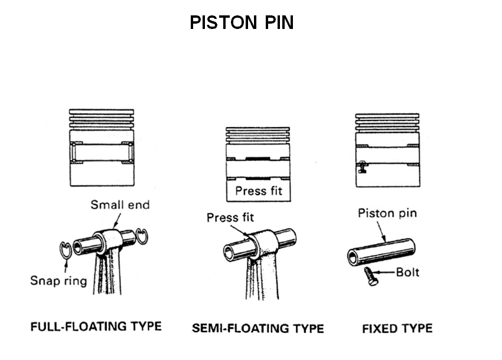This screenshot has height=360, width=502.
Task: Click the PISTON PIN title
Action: point(242,23)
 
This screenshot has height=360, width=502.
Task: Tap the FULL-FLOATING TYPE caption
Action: point(96,326)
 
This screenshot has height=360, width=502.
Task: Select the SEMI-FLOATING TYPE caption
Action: point(257,328)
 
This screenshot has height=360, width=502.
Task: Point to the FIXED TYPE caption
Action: point(397,328)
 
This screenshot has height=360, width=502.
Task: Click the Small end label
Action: point(120,205)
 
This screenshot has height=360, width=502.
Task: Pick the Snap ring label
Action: point(58,280)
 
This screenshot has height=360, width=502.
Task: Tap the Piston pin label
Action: point(387,213)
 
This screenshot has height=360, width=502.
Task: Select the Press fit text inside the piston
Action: point(259,191)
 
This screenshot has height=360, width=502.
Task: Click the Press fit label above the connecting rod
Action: point(230,218)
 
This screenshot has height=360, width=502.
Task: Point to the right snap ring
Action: point(141,235)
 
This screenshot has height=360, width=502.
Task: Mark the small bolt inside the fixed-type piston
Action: point(361,167)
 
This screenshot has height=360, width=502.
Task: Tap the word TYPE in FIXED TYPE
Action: point(416,328)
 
